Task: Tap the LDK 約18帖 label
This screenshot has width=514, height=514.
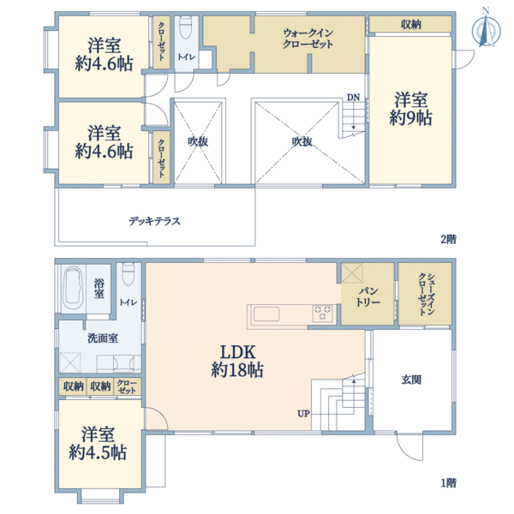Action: (237, 362)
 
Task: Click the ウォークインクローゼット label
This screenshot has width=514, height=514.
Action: (308, 39)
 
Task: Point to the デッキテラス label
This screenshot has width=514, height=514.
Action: (154, 220)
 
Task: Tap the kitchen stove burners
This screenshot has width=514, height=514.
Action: (323, 314)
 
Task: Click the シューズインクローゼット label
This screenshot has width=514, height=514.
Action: (425, 294)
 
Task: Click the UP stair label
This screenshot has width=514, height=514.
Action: (303, 414)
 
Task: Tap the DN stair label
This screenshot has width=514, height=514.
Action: (353, 97)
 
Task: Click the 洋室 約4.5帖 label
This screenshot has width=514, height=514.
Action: (99, 443)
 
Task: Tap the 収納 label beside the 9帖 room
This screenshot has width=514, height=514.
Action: (410, 25)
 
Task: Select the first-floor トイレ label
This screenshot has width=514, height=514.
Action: (128, 302)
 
